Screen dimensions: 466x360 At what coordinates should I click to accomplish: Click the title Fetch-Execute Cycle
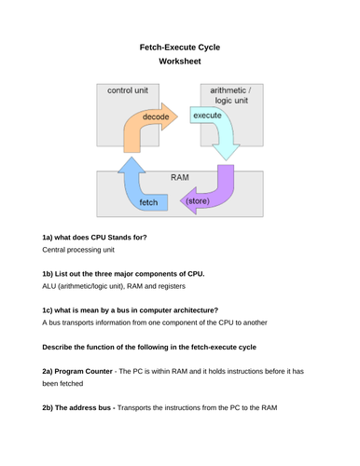click(179, 46)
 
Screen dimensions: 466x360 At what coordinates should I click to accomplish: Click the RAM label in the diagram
click(180, 174)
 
